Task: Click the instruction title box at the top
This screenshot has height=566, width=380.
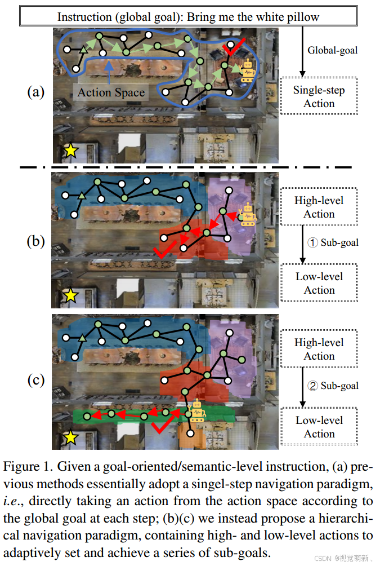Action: (188, 17)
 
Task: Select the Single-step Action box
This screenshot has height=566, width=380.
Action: (319, 97)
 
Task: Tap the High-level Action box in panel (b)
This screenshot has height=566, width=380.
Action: (319, 207)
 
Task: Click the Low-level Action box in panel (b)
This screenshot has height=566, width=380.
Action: (319, 283)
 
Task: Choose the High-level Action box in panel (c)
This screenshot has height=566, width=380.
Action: (319, 350)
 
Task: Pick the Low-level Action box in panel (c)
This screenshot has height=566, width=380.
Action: (319, 427)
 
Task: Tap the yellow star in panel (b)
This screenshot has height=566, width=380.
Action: (70, 295)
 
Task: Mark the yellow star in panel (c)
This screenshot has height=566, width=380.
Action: (70, 437)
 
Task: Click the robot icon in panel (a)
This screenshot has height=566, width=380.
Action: (247, 73)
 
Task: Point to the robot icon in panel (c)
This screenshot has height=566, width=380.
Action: (196, 412)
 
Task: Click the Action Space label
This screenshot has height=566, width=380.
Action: (111, 92)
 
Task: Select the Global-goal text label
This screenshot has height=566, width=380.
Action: (332, 50)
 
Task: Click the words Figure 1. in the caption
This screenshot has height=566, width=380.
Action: (24, 467)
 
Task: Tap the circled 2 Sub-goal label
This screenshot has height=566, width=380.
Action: (333, 386)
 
